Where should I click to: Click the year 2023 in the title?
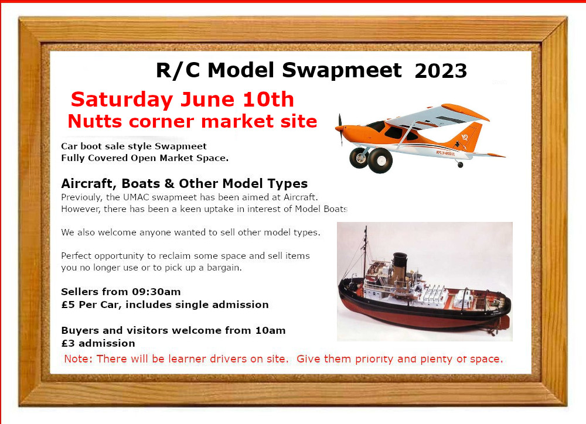(441, 71)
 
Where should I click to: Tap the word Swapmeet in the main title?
(342, 70)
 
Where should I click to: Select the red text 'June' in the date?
(207, 100)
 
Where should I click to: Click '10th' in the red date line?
(268, 100)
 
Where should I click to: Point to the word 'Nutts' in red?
(95, 121)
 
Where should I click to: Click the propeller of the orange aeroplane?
(340, 129)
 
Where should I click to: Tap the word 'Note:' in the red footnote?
(79, 359)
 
